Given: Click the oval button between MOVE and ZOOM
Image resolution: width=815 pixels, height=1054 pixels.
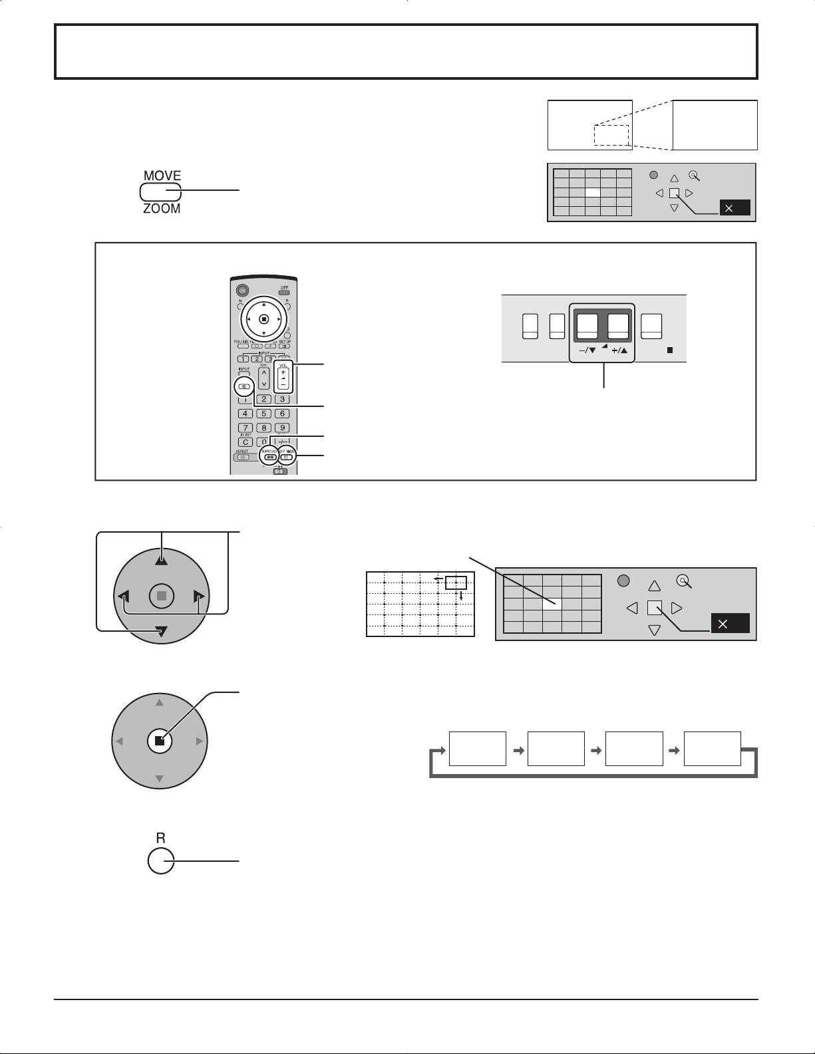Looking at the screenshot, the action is [x=160, y=192].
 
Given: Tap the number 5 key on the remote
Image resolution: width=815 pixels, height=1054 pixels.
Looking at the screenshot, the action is [x=263, y=414].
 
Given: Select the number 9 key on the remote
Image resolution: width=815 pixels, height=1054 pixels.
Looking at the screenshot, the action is [x=282, y=428].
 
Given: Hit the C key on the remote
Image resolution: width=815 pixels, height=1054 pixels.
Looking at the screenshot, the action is [x=245, y=442].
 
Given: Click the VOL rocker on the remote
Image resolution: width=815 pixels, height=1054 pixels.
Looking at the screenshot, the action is [x=283, y=378].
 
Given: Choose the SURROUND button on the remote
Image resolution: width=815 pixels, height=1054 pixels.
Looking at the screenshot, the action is [x=269, y=457].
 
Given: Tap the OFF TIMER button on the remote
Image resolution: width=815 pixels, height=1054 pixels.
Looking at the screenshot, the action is [x=287, y=457].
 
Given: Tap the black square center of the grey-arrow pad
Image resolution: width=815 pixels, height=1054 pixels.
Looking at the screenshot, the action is [x=159, y=741].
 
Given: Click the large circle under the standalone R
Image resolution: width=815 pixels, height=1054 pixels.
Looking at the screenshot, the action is [x=160, y=861].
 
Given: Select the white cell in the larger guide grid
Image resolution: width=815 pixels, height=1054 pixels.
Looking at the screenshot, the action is [x=552, y=604].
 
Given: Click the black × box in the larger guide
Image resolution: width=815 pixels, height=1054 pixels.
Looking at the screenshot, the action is [x=730, y=624].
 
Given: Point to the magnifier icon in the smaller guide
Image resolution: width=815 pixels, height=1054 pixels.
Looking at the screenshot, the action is [x=695, y=176].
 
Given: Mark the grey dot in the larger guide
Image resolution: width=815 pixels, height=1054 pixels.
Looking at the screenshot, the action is [x=623, y=581].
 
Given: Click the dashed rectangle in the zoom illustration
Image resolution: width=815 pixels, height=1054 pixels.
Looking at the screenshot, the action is [x=611, y=135].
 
